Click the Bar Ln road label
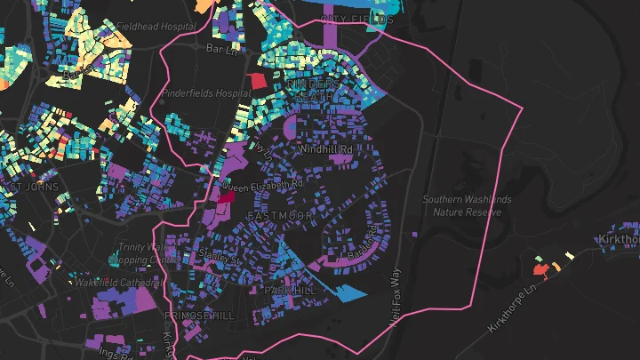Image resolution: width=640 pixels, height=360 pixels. point(218,47)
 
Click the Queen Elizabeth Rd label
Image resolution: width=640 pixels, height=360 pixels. point(262,185)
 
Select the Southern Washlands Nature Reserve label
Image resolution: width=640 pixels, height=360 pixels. point(467,205)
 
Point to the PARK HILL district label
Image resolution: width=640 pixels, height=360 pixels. point(288,291)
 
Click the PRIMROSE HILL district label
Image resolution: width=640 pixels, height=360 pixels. point(199,315)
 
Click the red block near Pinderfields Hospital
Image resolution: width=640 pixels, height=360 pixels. point(257,81)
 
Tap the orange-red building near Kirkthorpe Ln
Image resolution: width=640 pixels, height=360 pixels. point(539,267)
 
